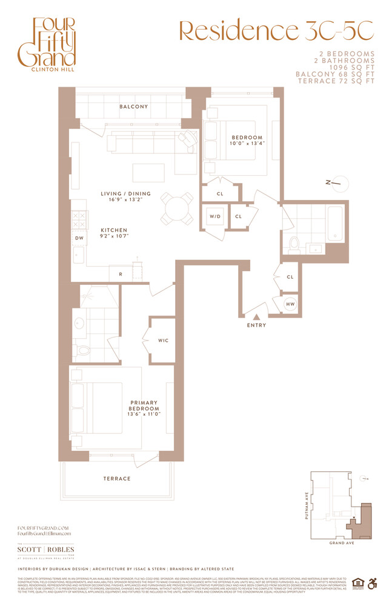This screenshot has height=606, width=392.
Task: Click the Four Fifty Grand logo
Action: click(54, 44)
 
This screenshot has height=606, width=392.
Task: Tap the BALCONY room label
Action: click(133, 107)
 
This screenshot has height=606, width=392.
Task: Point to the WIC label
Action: click(163, 341)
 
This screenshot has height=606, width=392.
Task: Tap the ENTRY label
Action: click(256, 325)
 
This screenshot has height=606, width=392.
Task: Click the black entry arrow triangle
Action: click(256, 316)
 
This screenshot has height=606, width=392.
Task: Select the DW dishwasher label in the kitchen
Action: click(78, 238)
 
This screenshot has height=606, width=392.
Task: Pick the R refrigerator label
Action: click(121, 275)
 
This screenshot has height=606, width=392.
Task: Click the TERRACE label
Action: click(117, 479)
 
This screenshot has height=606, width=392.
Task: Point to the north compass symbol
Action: click(338, 182)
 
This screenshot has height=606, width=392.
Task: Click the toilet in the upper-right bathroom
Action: click(294, 244)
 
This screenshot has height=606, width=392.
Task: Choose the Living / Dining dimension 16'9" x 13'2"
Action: click(125, 202)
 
